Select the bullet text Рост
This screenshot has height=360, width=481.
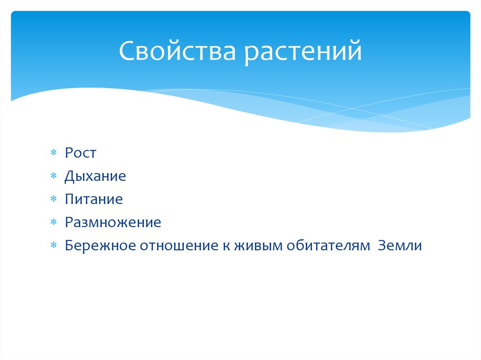coord(80,153)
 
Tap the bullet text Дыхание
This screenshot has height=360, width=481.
coord(95,177)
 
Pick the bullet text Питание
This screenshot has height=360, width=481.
coord(94,199)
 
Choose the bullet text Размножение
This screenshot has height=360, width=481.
coord(113,222)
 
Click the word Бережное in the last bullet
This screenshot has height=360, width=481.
coord(99,245)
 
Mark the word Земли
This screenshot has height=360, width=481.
coord(400,245)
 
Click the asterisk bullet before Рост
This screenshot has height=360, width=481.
coord(54,153)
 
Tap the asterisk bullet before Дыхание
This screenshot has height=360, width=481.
coord(54,176)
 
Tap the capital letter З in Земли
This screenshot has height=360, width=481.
coord(381,245)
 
